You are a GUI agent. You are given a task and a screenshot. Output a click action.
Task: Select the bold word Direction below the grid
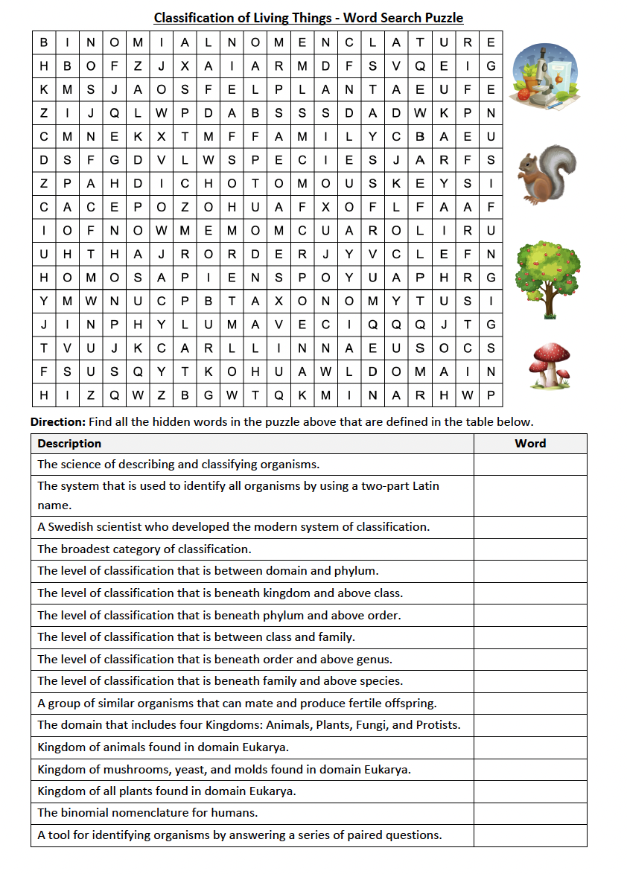[x=58, y=422]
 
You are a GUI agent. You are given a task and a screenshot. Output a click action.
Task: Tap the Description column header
[x=69, y=444]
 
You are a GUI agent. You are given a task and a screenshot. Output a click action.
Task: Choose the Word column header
[x=530, y=444]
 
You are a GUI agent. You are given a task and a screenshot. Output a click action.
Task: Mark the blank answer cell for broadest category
[x=530, y=549]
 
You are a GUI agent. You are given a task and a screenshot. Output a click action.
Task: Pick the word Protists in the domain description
[x=436, y=725]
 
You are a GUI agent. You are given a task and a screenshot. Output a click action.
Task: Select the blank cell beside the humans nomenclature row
[x=530, y=813]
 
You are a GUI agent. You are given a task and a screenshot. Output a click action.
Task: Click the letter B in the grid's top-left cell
[x=44, y=42]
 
